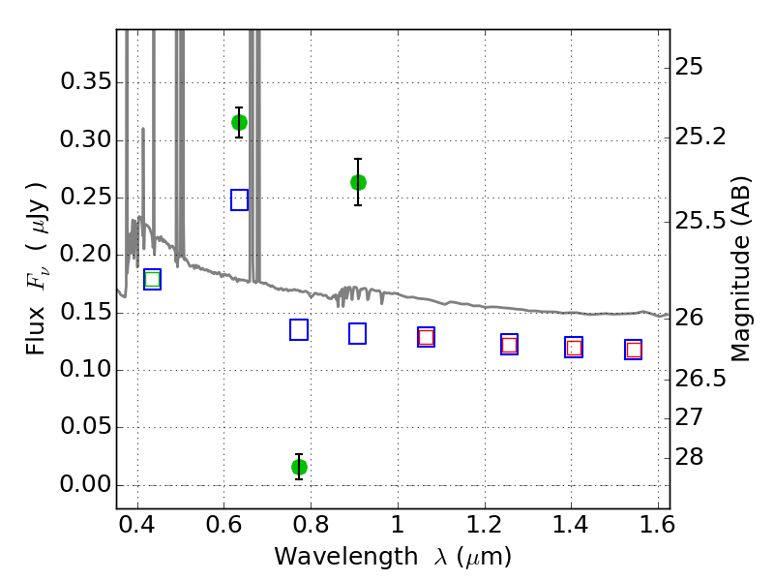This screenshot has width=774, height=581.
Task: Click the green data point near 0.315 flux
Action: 239,123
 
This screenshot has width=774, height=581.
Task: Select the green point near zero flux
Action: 299,467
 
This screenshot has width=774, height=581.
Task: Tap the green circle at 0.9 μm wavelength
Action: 358,183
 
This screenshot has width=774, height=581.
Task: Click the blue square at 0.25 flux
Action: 239,200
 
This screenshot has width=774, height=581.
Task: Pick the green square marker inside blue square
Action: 153,280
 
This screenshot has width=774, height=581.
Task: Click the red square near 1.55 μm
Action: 634,351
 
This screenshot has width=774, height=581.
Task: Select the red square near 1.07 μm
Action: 426,337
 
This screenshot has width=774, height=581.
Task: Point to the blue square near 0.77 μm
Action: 299,329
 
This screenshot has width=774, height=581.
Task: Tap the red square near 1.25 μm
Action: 510,345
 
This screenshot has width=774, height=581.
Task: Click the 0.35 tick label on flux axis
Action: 86,81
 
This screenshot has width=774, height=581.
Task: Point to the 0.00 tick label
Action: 86,484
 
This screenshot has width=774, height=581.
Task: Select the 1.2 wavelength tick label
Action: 485,525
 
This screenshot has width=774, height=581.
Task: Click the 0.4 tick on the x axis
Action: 136,525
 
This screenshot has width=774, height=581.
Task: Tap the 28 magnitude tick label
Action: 689,457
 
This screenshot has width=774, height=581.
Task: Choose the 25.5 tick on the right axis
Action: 700,222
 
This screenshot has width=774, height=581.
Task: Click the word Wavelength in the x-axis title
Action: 346,557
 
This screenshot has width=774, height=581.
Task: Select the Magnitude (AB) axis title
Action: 740,269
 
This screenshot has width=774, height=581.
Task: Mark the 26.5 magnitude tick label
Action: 700,379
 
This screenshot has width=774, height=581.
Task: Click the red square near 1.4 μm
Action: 574,348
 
